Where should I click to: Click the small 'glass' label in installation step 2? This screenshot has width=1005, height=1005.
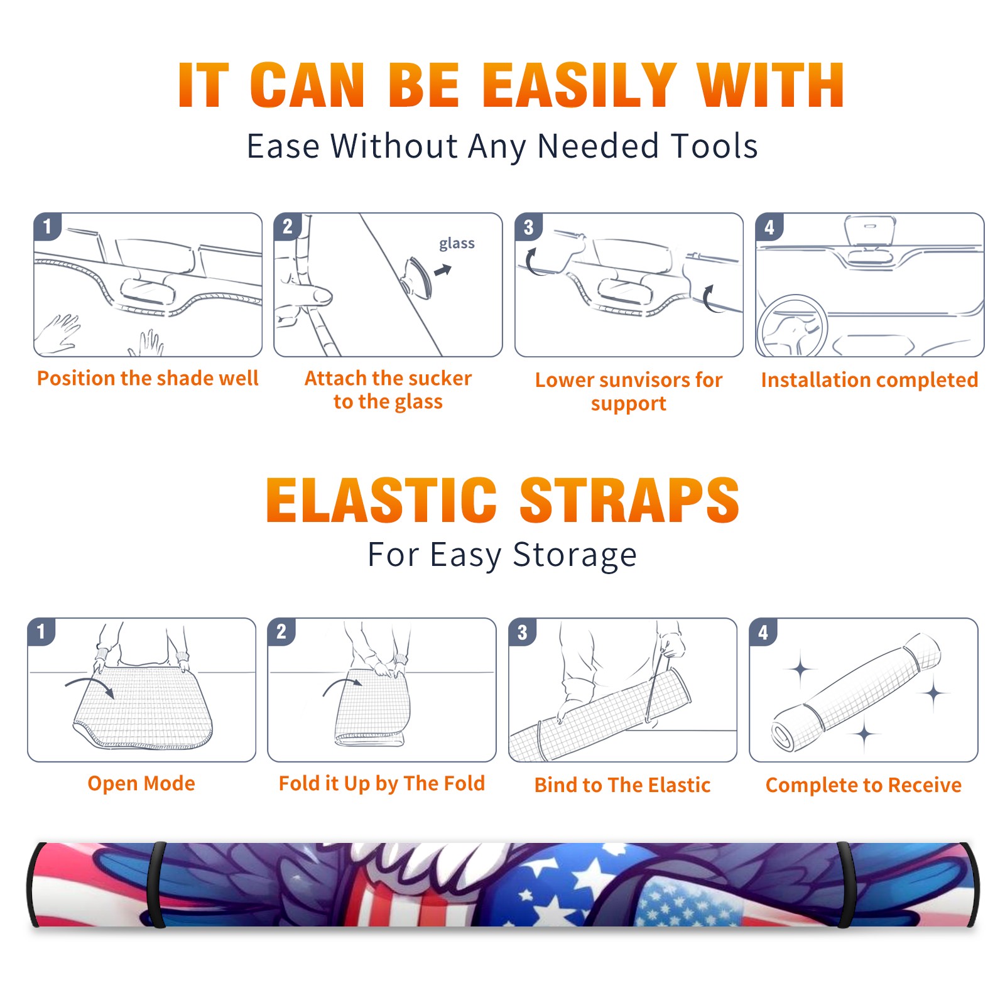(x=457, y=243)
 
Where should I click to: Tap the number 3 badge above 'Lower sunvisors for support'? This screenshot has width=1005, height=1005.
(x=528, y=227)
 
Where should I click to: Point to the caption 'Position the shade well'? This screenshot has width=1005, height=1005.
(x=148, y=378)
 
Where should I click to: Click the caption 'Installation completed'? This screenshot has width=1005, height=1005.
(x=869, y=380)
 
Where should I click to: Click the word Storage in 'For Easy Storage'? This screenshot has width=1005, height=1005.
(x=575, y=555)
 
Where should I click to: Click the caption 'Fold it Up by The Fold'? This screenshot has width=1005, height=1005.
(x=382, y=783)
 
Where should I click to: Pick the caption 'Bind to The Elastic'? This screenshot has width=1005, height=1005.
(x=622, y=785)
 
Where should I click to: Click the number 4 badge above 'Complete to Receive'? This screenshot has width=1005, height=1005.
(x=763, y=632)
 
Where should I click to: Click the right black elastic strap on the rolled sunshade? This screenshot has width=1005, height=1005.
(x=845, y=884)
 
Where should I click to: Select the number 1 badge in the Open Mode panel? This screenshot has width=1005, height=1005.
(x=41, y=632)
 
